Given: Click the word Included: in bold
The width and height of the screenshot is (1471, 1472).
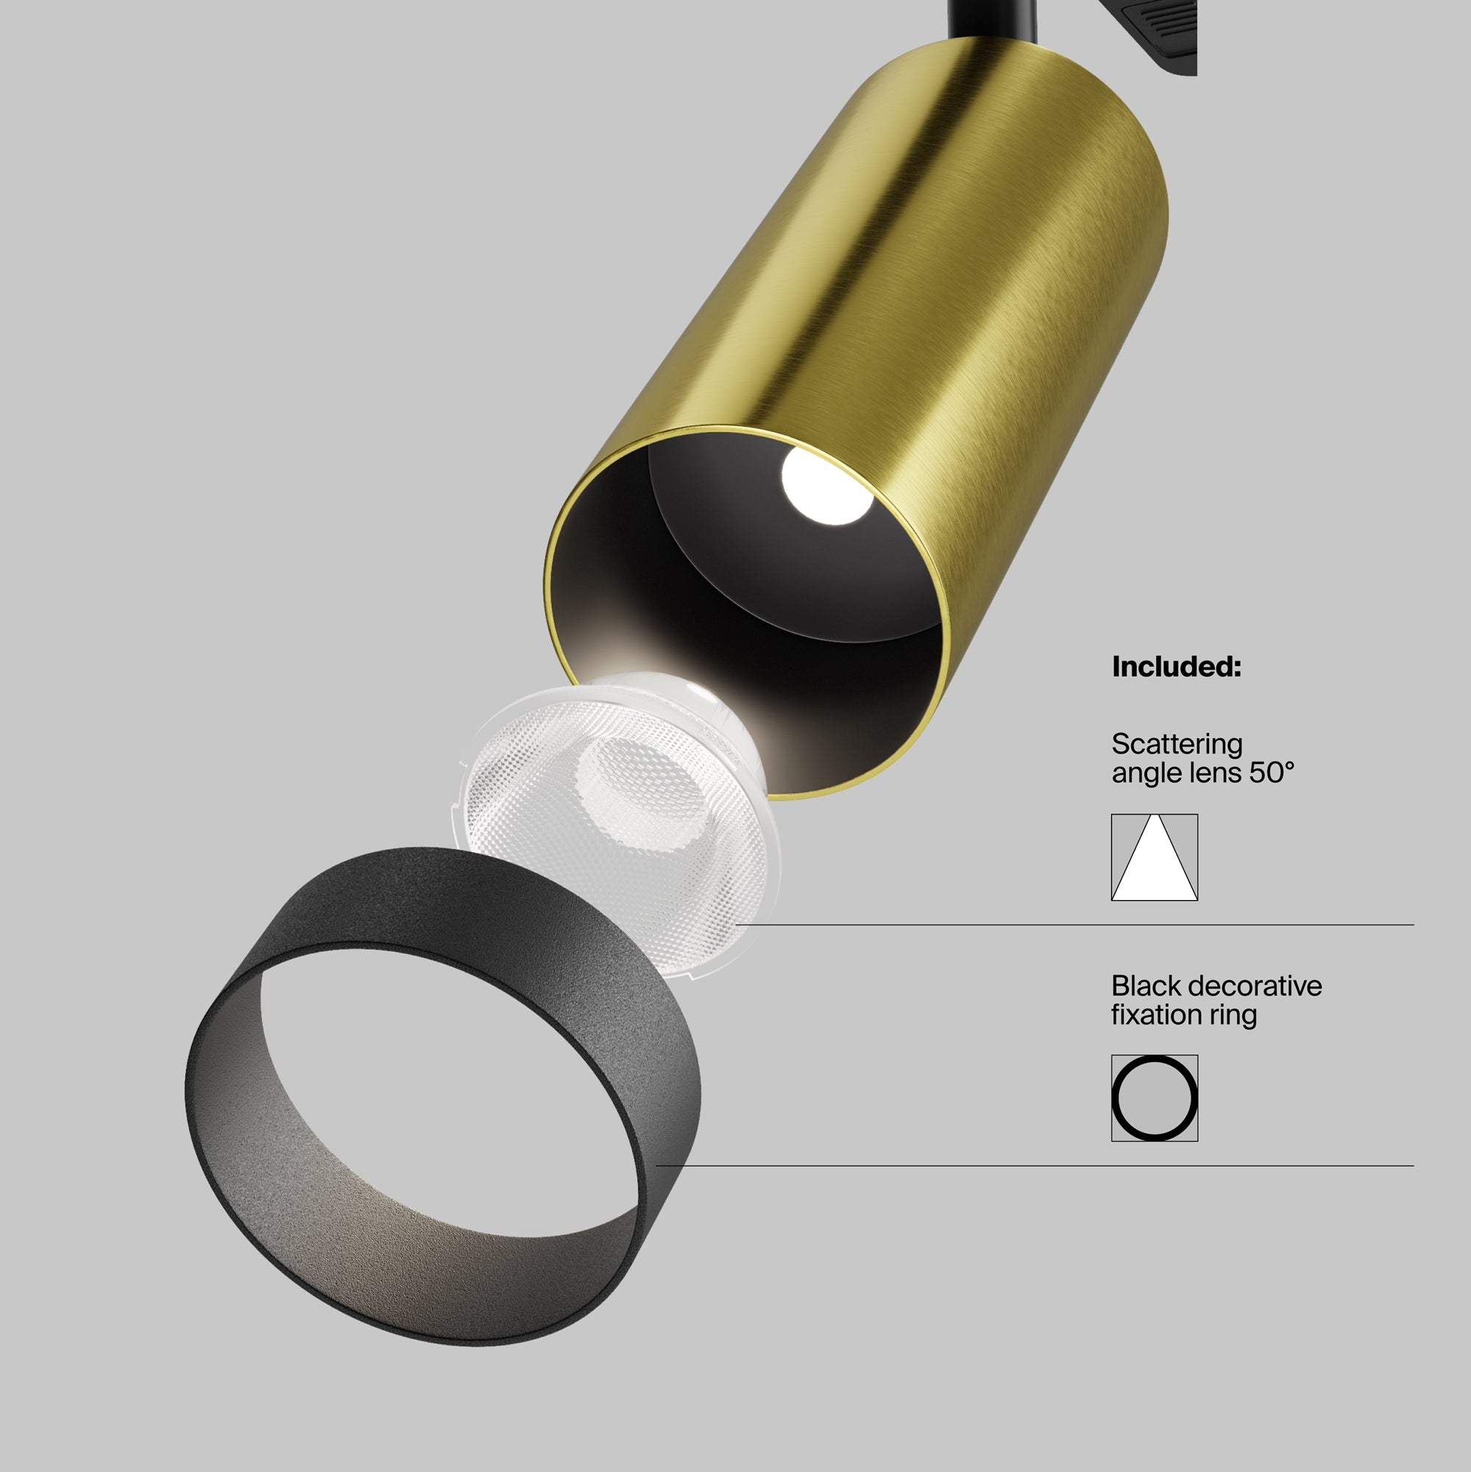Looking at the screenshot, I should point(1176,667).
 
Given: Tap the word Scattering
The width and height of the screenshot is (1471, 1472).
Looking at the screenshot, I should point(1176,744).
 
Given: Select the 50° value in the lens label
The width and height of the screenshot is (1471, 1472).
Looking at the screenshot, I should point(1272,774).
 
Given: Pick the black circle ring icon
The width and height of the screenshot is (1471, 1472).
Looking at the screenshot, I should point(1154,1098).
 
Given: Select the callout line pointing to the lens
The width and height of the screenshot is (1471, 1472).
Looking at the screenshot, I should point(1066,925).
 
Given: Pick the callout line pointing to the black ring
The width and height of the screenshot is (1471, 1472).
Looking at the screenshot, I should point(1029,1166).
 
